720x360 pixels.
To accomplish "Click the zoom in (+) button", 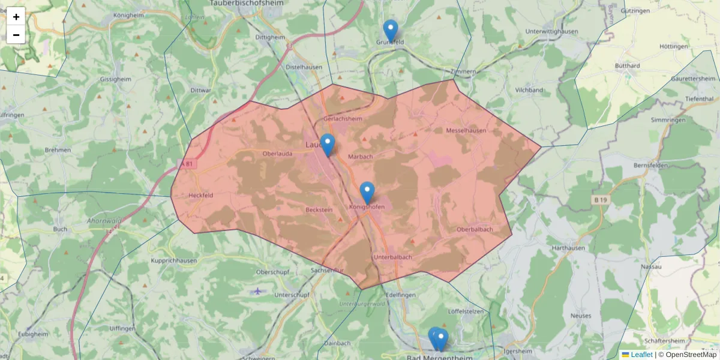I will [16, 17].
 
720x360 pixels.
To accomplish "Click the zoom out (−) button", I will [16, 35].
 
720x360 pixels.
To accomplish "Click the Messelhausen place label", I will [466, 130].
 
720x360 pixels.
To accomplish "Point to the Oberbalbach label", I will [475, 229].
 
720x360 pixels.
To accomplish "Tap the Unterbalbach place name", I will [392, 257].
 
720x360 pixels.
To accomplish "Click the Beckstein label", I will [319, 210].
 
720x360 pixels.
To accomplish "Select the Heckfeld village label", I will [201, 195].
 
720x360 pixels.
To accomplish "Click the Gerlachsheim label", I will [343, 119].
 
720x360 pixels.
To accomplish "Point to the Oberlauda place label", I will [277, 154].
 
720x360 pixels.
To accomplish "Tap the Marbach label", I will [361, 157].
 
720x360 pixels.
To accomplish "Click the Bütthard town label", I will [628, 65].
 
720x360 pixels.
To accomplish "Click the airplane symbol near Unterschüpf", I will [257, 292].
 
